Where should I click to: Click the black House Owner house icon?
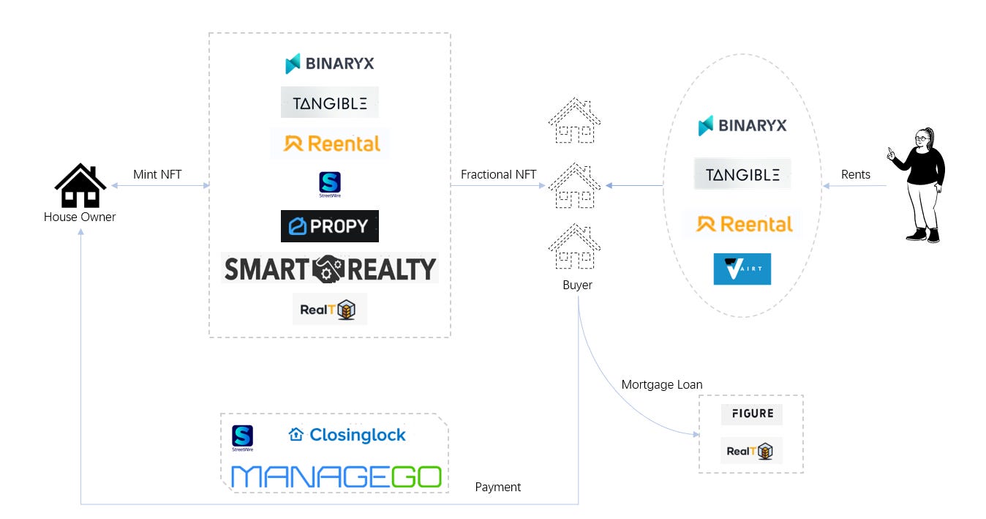[x=80, y=186]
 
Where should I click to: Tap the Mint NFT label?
[x=157, y=174]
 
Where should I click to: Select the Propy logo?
[x=330, y=226]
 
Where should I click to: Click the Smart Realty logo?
[x=330, y=269]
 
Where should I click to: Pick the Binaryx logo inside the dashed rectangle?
[x=330, y=64]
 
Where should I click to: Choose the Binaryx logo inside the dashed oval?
[x=742, y=125]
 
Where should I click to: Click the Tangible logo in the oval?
[x=742, y=174]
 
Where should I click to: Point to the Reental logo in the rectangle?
[x=330, y=143]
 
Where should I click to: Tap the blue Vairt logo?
[x=742, y=269]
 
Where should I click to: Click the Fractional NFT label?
[x=498, y=174]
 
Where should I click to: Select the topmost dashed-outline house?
[x=575, y=121]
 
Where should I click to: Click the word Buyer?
[x=577, y=285]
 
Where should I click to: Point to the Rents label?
[x=855, y=174]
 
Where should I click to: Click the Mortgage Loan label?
[x=661, y=384]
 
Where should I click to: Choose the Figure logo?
[x=751, y=414]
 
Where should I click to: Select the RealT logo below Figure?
[x=751, y=451]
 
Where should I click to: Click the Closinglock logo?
[x=347, y=435]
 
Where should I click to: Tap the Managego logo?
[x=336, y=477]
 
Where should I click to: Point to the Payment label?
[x=498, y=487]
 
